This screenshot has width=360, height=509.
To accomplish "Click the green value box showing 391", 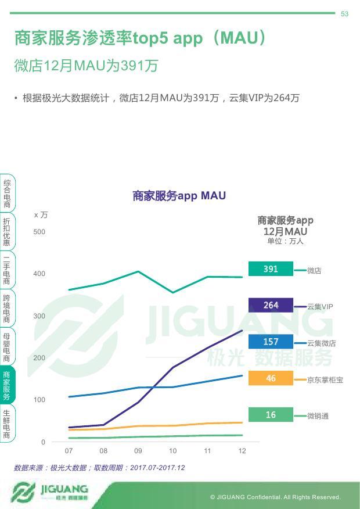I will tap(271, 269).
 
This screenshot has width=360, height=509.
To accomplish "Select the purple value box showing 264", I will tap(271, 305).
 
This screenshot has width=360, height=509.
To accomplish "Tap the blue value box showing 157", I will tap(271, 342).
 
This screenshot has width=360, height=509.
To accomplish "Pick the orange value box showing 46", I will tap(271, 378).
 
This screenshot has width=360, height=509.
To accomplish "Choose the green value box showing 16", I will tap(271, 415).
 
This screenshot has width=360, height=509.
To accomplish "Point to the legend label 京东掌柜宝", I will tap(325, 380).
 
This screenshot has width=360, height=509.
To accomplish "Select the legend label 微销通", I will tap(318, 416).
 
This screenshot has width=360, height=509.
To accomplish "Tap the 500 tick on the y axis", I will tap(39, 232).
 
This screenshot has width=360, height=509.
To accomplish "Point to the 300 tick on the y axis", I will tap(39, 316).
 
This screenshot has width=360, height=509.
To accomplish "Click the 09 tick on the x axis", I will tap(138, 451).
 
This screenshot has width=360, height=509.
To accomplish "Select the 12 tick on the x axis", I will tap(242, 451).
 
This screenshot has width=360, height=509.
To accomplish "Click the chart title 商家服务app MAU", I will tap(179, 196).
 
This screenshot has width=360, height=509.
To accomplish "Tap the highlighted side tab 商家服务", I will tap(6, 386).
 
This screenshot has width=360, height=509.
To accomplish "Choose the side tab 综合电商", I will tap(6, 193).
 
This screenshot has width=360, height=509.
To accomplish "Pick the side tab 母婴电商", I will tap(6, 347).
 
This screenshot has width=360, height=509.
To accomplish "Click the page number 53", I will tap(344, 14).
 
